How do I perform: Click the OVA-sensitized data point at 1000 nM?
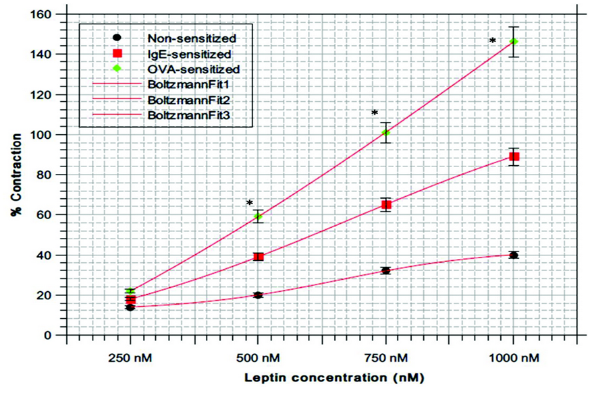tap(514, 42)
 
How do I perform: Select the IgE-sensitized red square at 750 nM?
tap(386, 204)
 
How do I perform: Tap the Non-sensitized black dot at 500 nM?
tap(258, 295)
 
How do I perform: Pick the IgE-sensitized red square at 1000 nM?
tap(514, 156)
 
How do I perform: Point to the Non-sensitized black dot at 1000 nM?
tap(514, 255)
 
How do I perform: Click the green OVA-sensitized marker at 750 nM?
tap(386, 132)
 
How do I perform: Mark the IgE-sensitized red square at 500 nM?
tap(258, 256)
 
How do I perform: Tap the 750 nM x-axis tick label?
tap(386, 356)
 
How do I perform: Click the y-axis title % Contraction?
tap(16, 175)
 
